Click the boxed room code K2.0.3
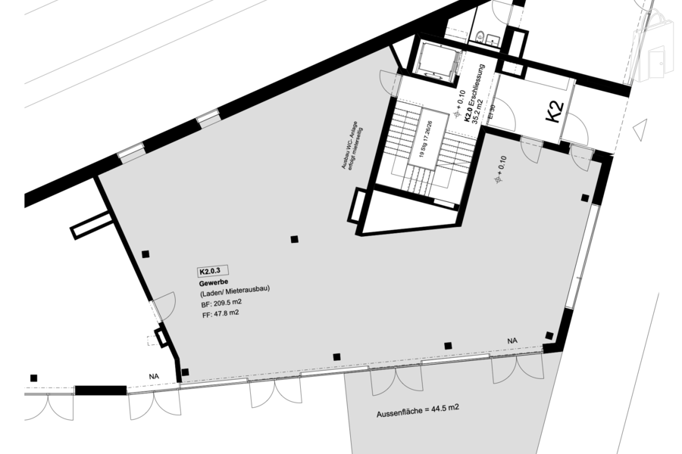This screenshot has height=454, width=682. [213, 270]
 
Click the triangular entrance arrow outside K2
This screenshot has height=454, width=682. [640, 130]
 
